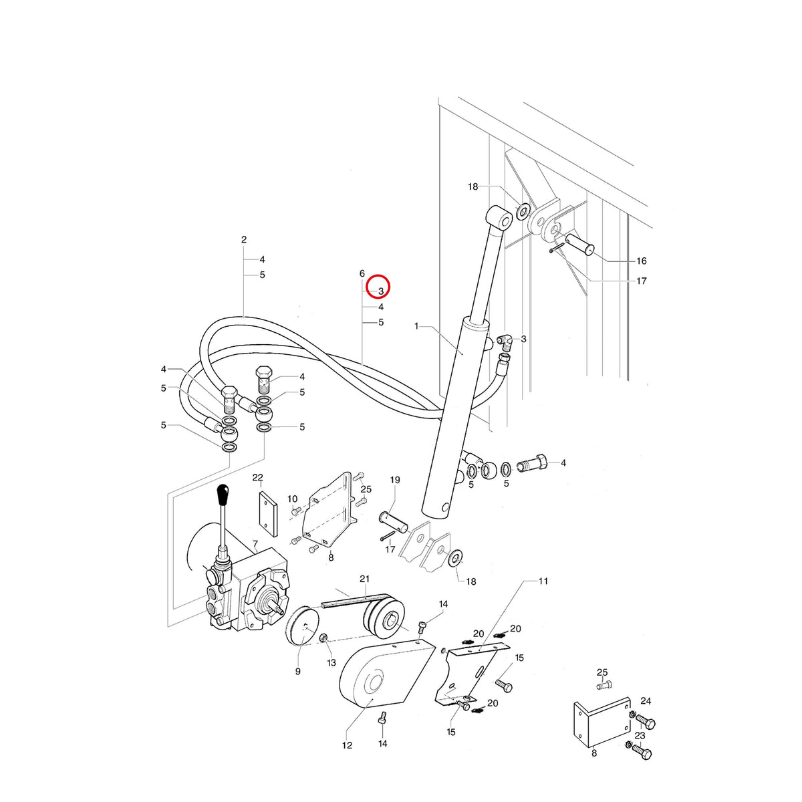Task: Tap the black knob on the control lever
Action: pos(223,494)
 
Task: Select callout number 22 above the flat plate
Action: pos(258,477)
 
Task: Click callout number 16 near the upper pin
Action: pos(642,261)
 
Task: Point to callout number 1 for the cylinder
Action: pos(416,326)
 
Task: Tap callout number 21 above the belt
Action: pos(365,579)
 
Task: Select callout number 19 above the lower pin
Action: pos(394,479)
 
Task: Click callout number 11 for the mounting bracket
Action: pos(543,581)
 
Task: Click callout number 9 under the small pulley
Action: pos(297,671)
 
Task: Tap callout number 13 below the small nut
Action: pos(331,662)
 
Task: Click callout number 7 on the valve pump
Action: pos(255,543)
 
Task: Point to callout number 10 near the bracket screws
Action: pos(293,499)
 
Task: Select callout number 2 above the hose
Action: pos(244,239)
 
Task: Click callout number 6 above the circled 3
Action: pos(362,273)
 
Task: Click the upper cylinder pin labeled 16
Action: pos(579,245)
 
